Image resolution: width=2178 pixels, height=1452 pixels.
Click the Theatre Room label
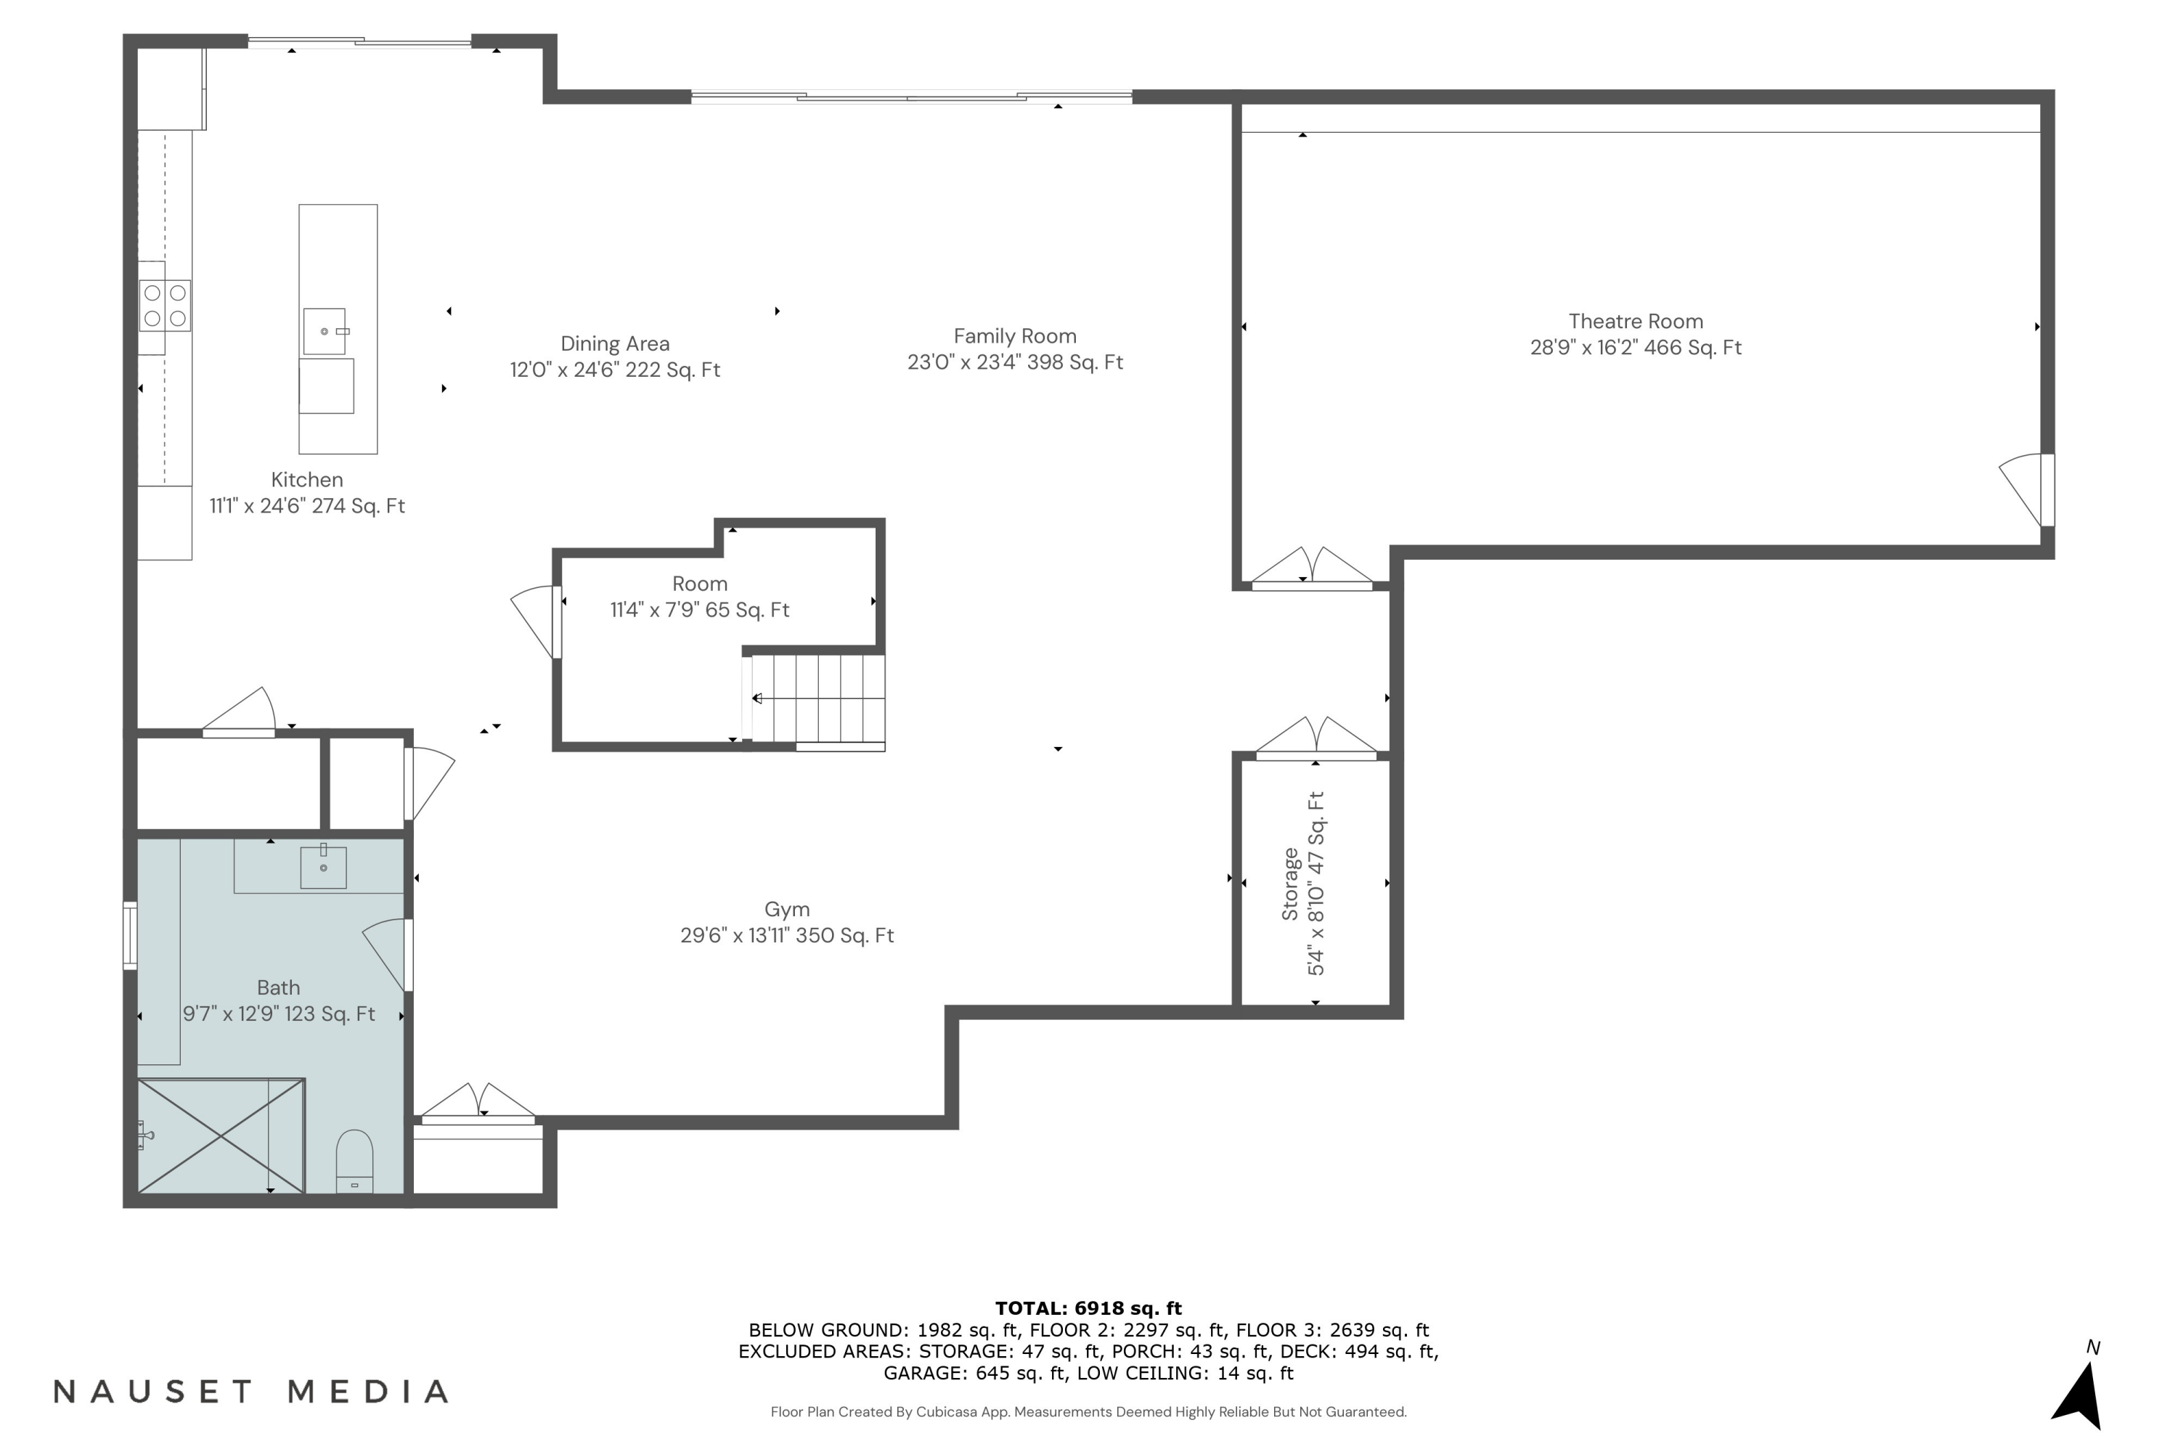click(x=1636, y=322)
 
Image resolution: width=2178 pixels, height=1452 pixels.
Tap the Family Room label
click(x=1015, y=336)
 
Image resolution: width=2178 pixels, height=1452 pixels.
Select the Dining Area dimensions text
click(x=615, y=370)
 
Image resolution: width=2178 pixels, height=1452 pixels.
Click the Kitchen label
click(x=306, y=480)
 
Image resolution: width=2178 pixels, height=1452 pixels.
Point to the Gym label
click(x=786, y=910)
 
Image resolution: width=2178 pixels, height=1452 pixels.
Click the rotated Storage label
click(x=1290, y=884)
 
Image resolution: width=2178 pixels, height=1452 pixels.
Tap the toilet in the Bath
click(x=354, y=1160)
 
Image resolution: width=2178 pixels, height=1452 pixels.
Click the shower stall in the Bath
click(x=221, y=1135)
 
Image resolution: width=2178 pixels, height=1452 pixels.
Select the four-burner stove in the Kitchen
click(x=165, y=306)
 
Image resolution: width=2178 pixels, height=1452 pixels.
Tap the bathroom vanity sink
click(x=323, y=868)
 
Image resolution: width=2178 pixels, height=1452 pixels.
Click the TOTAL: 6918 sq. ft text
click(x=1088, y=1308)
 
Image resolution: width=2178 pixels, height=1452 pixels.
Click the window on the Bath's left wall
click(x=131, y=935)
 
